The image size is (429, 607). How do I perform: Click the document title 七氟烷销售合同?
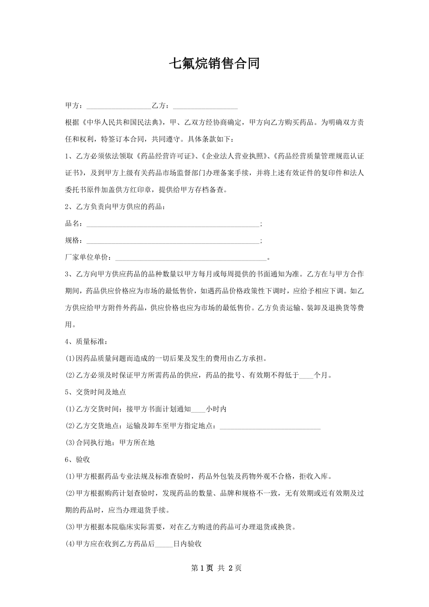[214, 64]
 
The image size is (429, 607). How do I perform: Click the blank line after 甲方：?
[118, 106]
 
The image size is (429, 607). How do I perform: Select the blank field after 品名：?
[173, 224]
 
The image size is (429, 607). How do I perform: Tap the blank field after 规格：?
[173, 241]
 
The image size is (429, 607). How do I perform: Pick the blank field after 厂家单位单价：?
[191, 257]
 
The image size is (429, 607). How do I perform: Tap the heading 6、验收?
[78, 459]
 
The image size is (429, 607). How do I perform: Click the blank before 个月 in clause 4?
[306, 375]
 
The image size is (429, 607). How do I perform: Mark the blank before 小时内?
[198, 409]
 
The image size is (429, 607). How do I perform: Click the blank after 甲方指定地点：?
[270, 426]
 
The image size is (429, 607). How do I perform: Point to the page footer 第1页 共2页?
[214, 568]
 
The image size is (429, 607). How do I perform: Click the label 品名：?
[75, 224]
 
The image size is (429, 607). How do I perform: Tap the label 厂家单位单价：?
[89, 257]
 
